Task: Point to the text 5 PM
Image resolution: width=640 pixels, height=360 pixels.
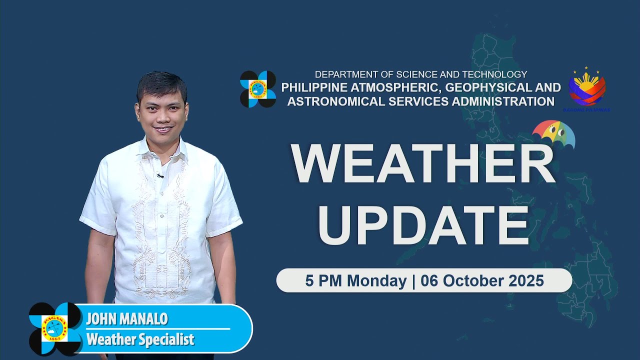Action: [324, 281]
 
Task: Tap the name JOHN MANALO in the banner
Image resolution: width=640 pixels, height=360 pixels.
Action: [127, 318]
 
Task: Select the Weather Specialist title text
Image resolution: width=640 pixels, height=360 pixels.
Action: [140, 339]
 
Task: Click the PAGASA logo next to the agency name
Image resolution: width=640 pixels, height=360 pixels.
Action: [257, 89]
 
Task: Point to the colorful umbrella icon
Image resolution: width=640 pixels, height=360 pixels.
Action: [553, 133]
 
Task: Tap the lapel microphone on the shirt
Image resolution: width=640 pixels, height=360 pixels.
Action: [159, 175]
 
